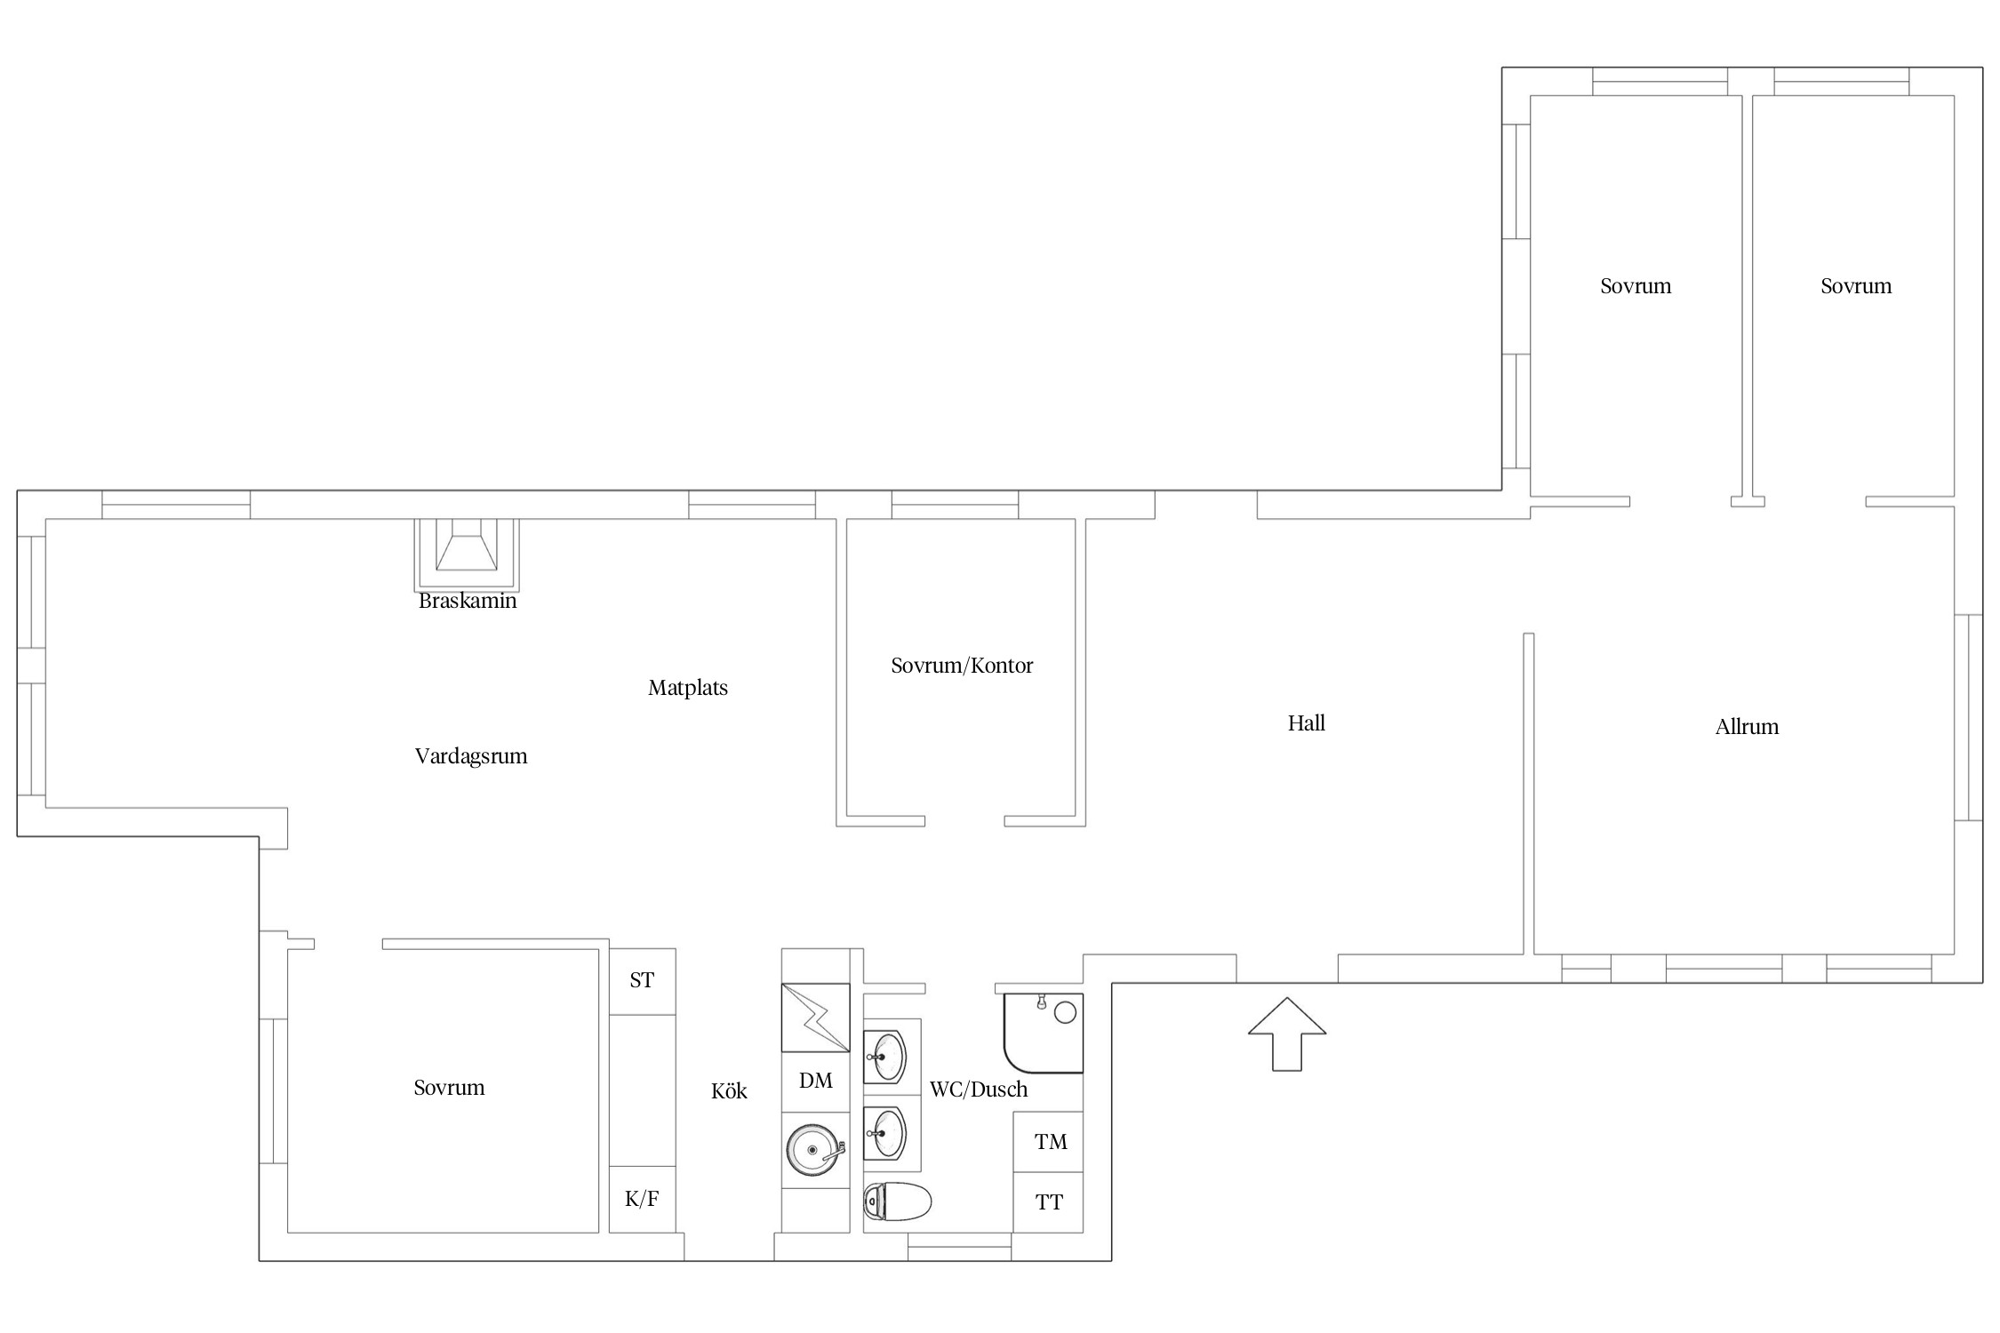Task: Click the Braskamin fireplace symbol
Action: (467, 554)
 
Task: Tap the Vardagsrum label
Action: (471, 756)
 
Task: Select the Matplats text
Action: (688, 688)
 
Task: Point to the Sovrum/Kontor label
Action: (962, 666)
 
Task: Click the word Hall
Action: (1306, 723)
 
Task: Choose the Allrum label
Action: (1747, 727)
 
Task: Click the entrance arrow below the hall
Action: (1287, 1034)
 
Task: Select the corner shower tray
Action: (1044, 1033)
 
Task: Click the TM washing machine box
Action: (1049, 1142)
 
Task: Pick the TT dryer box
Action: (1049, 1202)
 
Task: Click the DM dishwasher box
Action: (816, 1082)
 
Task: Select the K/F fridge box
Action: (642, 1199)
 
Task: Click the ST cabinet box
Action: (642, 981)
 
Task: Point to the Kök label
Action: (729, 1091)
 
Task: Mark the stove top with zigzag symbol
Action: (816, 1018)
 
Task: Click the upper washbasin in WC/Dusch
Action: (885, 1058)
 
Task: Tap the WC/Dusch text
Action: (979, 1090)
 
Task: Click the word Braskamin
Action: (468, 601)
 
